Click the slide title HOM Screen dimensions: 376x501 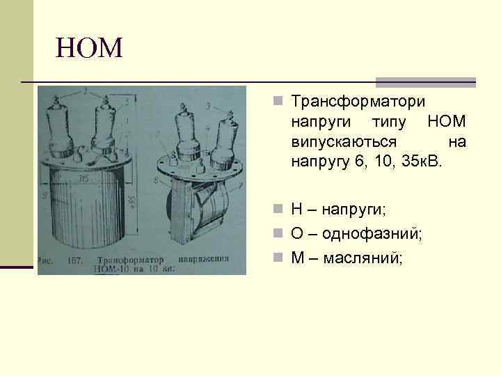(89, 48)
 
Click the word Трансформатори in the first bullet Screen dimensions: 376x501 (358, 102)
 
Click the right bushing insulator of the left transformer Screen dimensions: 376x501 (104, 124)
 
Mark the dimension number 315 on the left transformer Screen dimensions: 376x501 (83, 179)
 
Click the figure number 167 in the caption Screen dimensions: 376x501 (74, 261)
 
